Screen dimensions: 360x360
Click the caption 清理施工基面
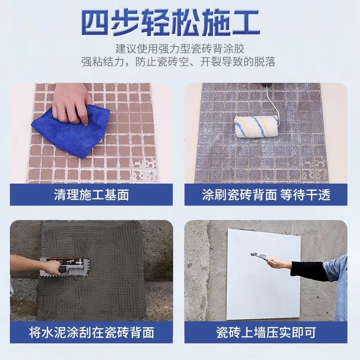(91, 194)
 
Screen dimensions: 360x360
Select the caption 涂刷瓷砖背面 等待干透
(266, 194)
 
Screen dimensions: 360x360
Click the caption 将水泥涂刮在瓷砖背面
(91, 333)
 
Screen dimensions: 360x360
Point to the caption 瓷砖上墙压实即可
(266, 333)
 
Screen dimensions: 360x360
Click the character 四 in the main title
(97, 21)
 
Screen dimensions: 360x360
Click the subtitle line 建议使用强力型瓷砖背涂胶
(180, 47)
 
